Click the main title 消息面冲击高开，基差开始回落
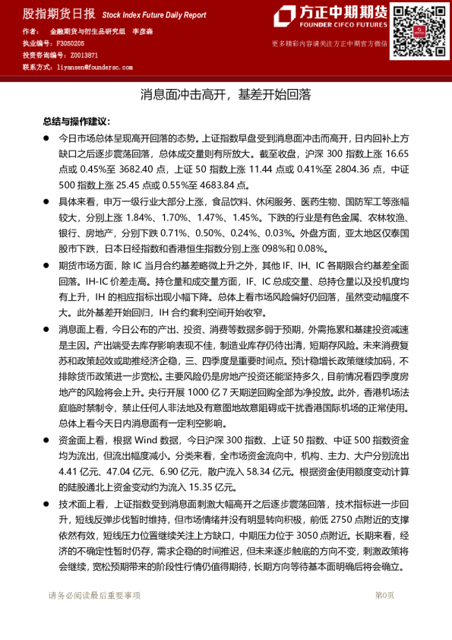click(226, 96)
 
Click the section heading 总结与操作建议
click(76, 122)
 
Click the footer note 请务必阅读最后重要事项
click(94, 595)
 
